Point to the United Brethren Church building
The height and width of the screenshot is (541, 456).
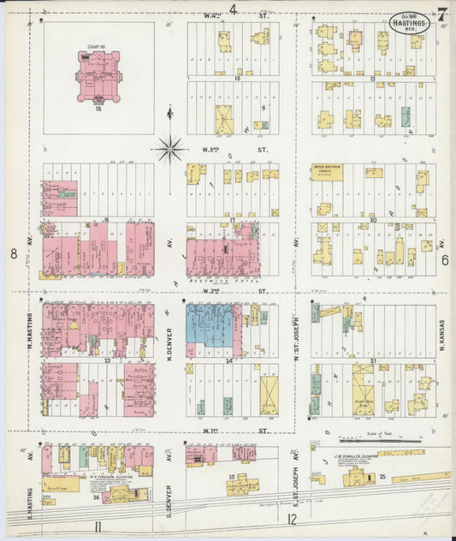(x=326, y=172)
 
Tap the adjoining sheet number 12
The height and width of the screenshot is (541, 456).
(x=293, y=519)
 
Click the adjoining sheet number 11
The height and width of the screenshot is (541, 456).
(x=99, y=525)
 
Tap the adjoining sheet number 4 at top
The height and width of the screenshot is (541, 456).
(x=232, y=9)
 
